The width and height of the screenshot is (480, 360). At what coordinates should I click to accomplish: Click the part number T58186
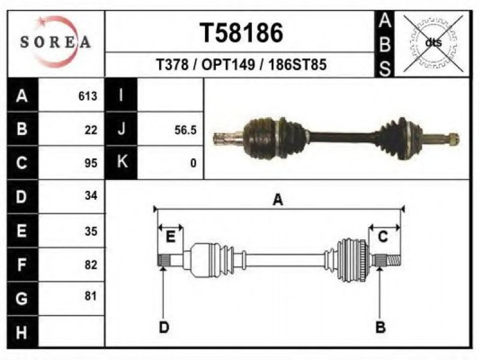click(x=242, y=33)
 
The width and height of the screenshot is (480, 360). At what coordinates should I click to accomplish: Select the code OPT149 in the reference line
click(x=228, y=65)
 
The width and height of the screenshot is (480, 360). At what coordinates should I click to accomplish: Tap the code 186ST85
click(x=298, y=65)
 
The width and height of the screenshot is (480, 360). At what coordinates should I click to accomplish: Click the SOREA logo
click(x=55, y=41)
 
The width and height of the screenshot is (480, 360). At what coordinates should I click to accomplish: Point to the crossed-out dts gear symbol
click(x=433, y=43)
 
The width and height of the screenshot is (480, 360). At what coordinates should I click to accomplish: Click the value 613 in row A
click(x=88, y=96)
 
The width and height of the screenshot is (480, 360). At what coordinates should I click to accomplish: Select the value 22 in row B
click(x=91, y=130)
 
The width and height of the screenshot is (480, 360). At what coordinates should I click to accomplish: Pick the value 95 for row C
click(x=91, y=163)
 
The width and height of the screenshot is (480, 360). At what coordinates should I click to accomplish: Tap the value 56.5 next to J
click(x=185, y=130)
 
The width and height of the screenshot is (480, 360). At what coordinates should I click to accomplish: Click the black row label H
click(x=22, y=332)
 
